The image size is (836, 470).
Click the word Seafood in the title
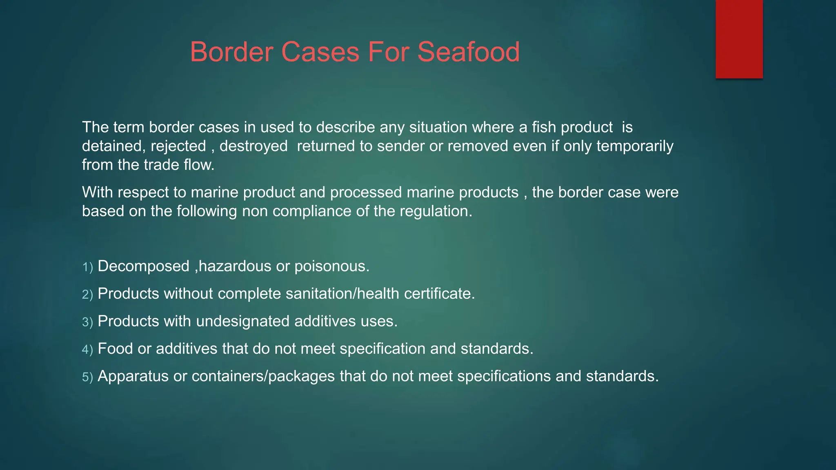coord(468,52)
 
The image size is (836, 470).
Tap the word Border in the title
coord(231,52)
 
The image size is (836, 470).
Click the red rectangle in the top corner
coord(739,39)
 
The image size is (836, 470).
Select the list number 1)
coord(88,267)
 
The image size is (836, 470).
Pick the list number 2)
coord(88,295)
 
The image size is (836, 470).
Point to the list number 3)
coord(88,322)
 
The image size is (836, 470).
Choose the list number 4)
coord(88,350)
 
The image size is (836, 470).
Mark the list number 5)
coord(88,377)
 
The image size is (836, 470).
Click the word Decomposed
coord(144,266)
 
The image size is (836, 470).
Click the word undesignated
coord(243,321)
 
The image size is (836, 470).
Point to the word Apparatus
coord(133,376)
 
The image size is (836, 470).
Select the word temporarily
coord(635,146)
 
